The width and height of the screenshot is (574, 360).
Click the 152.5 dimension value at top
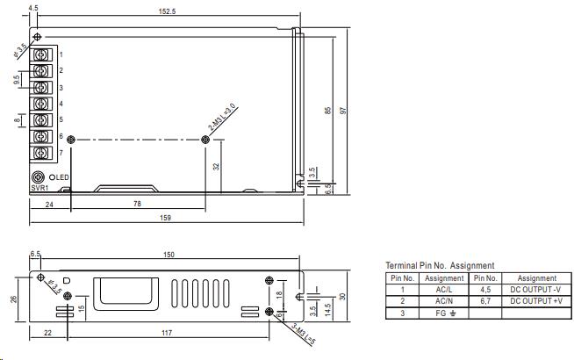click(165, 11)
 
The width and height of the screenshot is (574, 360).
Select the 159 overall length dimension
click(165, 218)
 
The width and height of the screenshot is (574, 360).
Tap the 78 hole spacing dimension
click(137, 204)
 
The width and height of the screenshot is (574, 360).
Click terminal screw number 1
click(41, 54)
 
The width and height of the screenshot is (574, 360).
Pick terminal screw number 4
click(41, 104)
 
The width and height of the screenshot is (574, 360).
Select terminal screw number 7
click(41, 153)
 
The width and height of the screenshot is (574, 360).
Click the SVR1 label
click(39, 188)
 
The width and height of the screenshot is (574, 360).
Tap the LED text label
click(65, 178)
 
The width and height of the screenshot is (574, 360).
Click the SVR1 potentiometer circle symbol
click(38, 177)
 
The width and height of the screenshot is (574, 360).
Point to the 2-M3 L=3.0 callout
click(222, 119)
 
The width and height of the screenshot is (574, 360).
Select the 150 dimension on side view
click(169, 255)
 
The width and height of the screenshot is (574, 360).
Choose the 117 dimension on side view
click(167, 332)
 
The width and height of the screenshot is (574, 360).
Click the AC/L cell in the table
click(443, 289)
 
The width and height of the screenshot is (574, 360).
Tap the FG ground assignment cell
click(443, 312)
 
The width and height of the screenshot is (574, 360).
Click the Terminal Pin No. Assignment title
click(440, 265)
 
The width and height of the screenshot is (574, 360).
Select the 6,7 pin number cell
click(485, 300)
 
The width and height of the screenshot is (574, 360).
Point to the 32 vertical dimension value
click(216, 165)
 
